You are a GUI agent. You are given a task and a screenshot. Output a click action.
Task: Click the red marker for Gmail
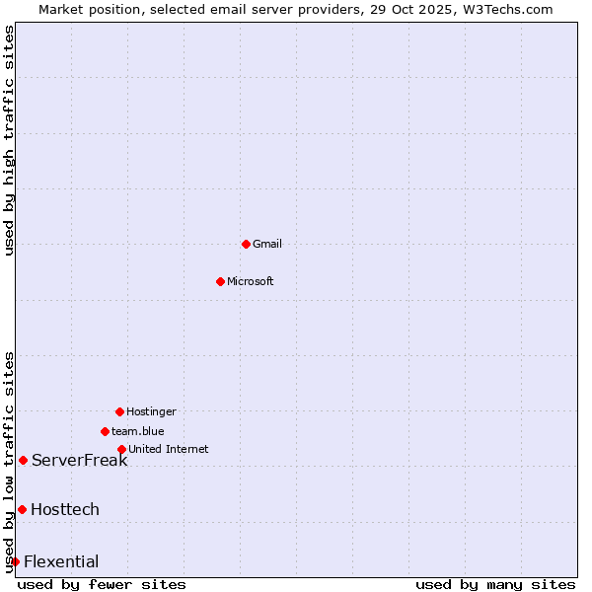[x=246, y=244]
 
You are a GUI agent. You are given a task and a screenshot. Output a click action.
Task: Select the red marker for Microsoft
[x=220, y=281]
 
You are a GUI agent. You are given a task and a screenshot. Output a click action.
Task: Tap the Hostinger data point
[x=119, y=411]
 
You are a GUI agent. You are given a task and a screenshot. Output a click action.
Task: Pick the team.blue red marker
[x=105, y=431]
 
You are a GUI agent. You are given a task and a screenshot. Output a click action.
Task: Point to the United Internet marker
[x=121, y=449]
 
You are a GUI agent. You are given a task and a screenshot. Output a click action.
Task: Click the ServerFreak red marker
[x=23, y=460]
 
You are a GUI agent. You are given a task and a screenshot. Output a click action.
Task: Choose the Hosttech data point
[x=22, y=509]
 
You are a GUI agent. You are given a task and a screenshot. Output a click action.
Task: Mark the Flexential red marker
[x=15, y=561]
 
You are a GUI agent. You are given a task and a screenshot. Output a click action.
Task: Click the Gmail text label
[x=267, y=244]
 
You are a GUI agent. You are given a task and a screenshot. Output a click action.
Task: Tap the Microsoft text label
[x=251, y=281]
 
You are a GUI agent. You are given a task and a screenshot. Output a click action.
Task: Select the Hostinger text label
[x=151, y=411]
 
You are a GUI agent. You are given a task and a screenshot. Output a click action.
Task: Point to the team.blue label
[x=138, y=431]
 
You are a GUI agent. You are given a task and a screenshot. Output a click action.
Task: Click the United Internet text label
[x=169, y=449]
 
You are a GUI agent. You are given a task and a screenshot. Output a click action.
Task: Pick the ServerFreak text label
[x=79, y=460]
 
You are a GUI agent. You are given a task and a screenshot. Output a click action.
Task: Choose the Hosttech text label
[x=65, y=509]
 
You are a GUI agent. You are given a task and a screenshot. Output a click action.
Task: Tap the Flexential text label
[x=61, y=561]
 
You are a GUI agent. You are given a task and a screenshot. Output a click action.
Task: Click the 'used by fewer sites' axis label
[x=102, y=584]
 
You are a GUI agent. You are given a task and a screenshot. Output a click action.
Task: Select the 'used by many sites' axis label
[x=495, y=584]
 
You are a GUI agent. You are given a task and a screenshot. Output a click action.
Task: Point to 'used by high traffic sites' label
[x=9, y=140]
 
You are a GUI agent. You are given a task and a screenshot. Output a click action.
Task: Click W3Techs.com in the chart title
[x=507, y=9]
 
